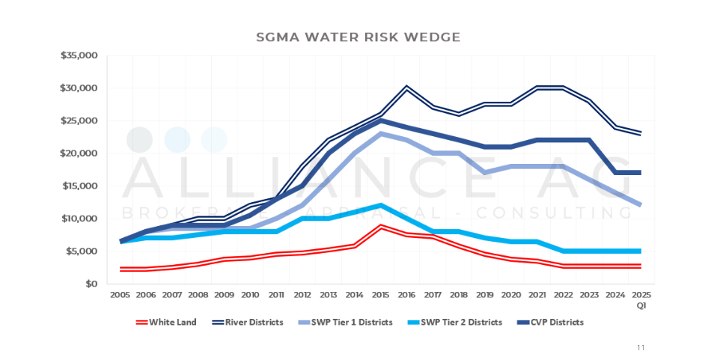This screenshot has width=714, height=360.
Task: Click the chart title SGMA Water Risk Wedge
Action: click(358, 36)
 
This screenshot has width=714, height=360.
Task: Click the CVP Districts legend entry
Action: click(555, 323)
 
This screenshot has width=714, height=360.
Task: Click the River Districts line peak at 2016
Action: click(406, 88)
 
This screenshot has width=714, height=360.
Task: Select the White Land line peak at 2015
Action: click(381, 226)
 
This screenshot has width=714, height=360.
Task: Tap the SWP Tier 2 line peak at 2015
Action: click(381, 205)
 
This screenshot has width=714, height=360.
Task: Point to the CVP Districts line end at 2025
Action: click(641, 173)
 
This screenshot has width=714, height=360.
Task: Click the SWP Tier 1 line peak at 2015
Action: click(381, 134)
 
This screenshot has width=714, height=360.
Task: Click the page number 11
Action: click(641, 347)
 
